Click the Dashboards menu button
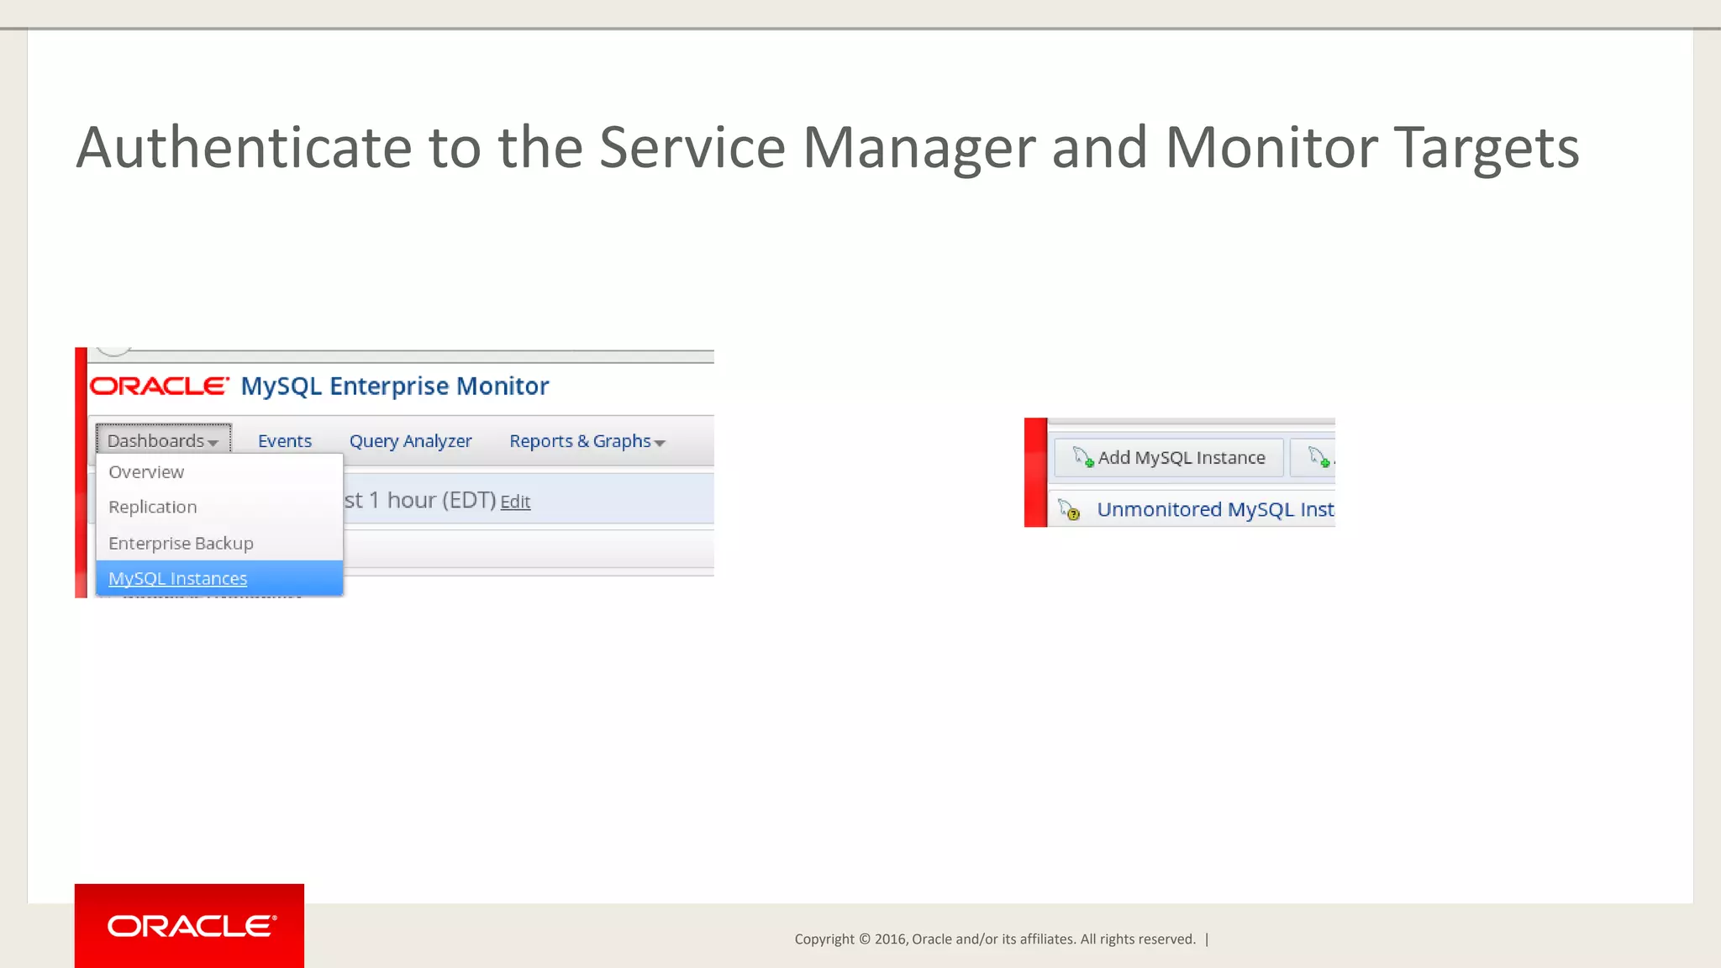tap(162, 440)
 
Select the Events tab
tap(284, 441)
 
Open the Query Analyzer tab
tap(410, 441)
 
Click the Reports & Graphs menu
tap(580, 441)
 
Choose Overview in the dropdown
tap(146, 472)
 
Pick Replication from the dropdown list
tap(152, 508)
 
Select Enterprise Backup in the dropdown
tap(181, 544)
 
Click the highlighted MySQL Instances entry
tap(177, 579)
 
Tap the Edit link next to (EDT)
tap(515, 502)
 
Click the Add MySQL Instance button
tap(1169, 458)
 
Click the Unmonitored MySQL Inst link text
tap(1214, 510)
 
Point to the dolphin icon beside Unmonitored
tap(1069, 510)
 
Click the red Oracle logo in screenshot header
tap(159, 387)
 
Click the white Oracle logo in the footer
tap(191, 926)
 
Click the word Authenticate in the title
tap(244, 149)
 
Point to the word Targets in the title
tap(1486, 149)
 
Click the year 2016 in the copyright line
tap(890, 939)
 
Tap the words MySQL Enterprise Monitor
tap(394, 387)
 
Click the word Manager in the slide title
tap(918, 149)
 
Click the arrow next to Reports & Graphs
tap(660, 443)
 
